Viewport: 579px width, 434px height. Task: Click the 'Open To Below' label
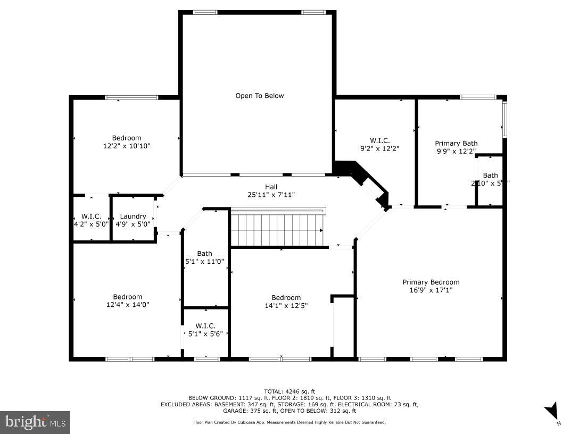tap(260, 96)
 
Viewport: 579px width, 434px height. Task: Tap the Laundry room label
tap(133, 216)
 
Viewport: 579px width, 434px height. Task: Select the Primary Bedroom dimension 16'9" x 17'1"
tap(431, 290)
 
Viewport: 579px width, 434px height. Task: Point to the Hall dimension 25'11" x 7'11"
tap(271, 195)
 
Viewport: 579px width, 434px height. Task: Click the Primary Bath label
tap(456, 143)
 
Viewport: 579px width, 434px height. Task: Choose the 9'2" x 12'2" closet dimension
tap(380, 148)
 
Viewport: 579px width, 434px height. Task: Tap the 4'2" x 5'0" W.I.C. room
tap(91, 220)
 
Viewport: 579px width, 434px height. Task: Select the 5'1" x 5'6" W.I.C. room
tap(205, 330)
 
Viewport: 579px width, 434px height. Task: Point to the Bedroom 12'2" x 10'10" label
tap(127, 141)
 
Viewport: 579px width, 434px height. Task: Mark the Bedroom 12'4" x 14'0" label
tap(128, 301)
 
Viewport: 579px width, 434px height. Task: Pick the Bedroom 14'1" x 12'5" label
tap(286, 302)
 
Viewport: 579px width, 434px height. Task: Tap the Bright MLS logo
tap(35, 422)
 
